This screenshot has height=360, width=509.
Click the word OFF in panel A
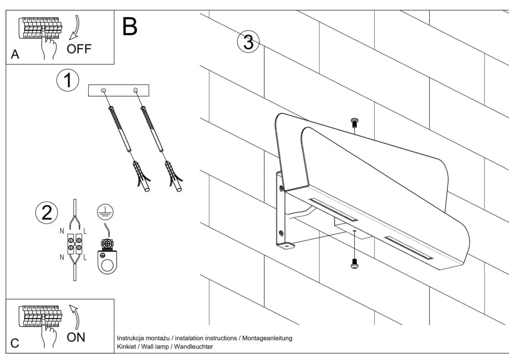79,49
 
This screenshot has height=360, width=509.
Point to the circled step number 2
47,212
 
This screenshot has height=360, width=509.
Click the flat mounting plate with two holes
120,91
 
